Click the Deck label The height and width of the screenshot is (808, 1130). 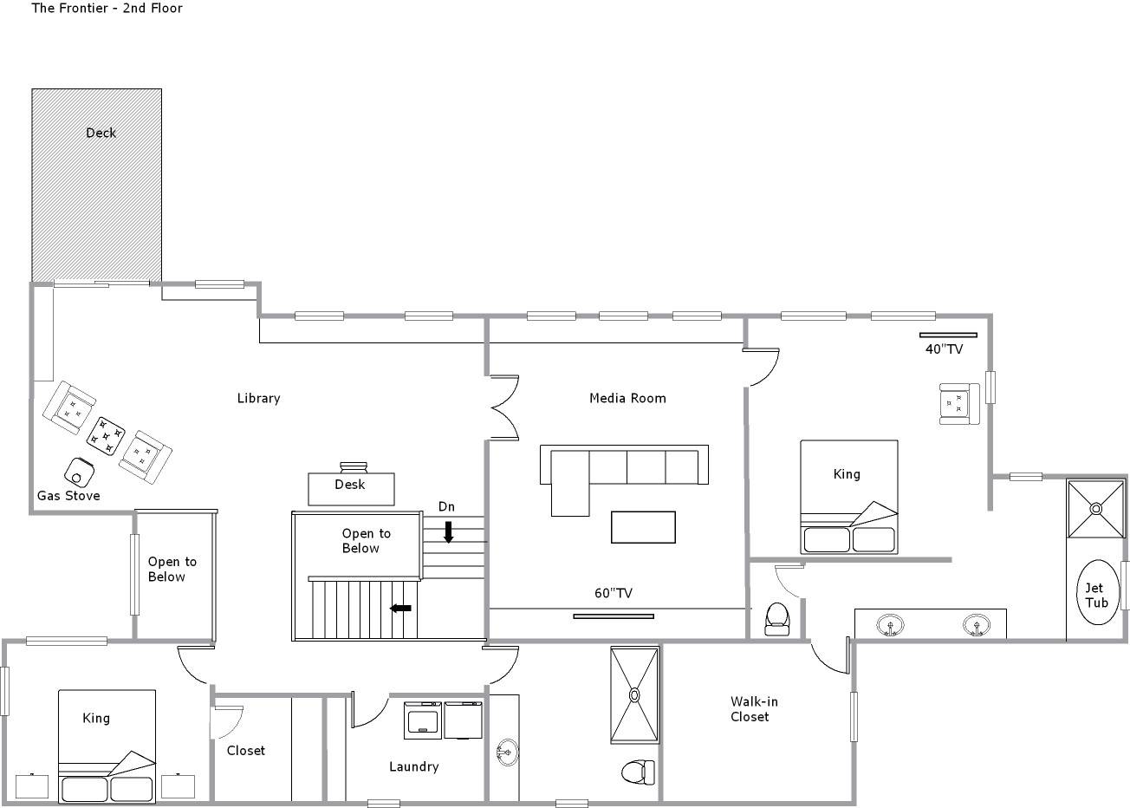(101, 133)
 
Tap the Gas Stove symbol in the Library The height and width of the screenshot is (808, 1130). (79, 472)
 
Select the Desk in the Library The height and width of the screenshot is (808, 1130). (351, 488)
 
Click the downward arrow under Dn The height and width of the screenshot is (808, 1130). (448, 532)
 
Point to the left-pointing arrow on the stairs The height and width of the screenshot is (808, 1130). (400, 608)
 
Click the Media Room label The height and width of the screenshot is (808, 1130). (627, 398)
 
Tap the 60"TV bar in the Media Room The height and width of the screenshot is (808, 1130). (614, 616)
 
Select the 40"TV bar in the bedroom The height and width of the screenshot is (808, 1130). (948, 335)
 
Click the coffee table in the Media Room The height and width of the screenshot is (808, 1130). (643, 527)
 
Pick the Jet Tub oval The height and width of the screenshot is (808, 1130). (1097, 592)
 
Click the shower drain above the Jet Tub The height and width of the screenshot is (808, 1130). (1096, 508)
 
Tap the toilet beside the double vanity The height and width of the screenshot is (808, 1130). (776, 619)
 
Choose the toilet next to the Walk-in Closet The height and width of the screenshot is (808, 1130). (638, 772)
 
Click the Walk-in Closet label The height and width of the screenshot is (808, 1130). (754, 708)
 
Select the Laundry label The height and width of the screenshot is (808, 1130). (413, 766)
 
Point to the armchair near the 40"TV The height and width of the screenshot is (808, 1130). (959, 404)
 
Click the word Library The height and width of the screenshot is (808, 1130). (258, 398)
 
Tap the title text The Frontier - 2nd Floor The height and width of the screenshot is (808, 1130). (107, 8)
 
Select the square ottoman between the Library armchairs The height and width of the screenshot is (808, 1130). (106, 435)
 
